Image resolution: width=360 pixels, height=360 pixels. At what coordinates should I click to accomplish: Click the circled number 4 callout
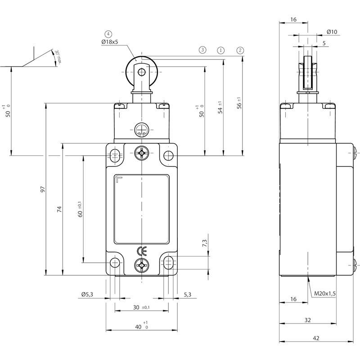click(108, 34)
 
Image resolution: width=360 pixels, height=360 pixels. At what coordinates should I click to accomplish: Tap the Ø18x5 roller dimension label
click(110, 42)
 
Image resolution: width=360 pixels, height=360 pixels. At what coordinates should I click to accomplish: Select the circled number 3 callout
click(202, 50)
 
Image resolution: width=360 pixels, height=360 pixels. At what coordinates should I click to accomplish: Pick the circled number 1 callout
click(221, 50)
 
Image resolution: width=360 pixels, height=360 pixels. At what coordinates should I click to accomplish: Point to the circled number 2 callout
click(240, 50)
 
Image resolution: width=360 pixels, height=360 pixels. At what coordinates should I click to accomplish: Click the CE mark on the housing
click(142, 252)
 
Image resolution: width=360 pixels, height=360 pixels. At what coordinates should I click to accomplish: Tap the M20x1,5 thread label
click(325, 293)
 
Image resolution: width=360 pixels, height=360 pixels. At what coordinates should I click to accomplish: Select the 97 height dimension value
click(43, 189)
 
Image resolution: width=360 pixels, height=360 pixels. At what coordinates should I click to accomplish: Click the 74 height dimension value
click(59, 209)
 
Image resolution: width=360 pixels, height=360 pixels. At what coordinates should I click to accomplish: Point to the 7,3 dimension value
click(205, 243)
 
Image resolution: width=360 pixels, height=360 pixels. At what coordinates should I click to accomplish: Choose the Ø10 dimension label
click(332, 31)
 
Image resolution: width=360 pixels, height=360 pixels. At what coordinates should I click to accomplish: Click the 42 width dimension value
click(316, 338)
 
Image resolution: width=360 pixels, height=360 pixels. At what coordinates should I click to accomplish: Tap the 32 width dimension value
click(308, 320)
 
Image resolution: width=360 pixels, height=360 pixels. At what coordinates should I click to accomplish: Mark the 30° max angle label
click(58, 58)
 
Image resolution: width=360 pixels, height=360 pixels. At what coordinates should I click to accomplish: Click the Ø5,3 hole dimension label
click(87, 294)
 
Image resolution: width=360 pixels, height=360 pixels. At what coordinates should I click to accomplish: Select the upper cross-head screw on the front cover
click(142, 153)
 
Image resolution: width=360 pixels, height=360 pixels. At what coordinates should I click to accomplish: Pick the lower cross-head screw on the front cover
click(142, 265)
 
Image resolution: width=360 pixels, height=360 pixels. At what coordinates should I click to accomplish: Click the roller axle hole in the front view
click(142, 72)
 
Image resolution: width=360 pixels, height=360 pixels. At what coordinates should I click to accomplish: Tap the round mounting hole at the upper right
click(168, 156)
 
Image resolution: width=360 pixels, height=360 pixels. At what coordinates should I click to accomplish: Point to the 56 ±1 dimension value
click(239, 103)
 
